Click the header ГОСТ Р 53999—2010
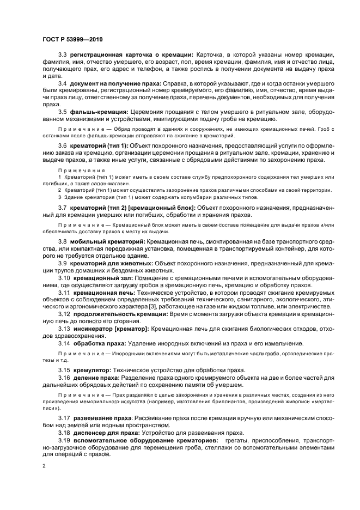72,39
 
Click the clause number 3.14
64,343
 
